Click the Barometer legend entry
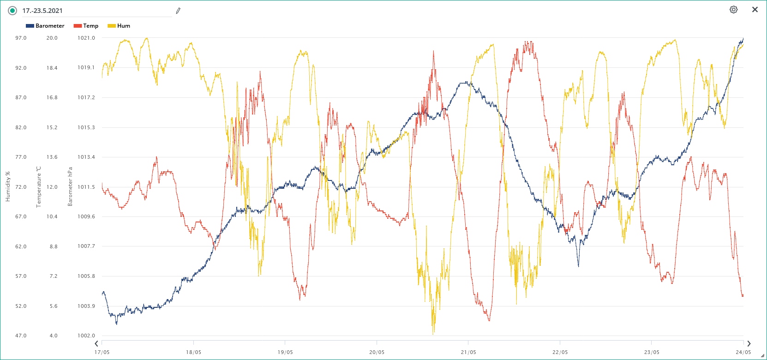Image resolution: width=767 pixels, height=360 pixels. [45, 26]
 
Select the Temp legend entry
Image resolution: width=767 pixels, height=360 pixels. [86, 26]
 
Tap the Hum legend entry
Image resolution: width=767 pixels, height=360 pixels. [119, 26]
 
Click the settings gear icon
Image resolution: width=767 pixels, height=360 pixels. [733, 10]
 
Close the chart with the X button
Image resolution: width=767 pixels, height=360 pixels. [755, 10]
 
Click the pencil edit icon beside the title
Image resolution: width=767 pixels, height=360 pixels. [178, 11]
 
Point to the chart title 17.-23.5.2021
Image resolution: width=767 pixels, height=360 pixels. [42, 11]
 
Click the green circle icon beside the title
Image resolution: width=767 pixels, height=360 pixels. [12, 11]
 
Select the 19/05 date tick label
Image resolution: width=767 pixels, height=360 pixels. [285, 352]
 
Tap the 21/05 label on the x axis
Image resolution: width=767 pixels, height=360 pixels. [468, 352]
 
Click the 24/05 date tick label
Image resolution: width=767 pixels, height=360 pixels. [743, 352]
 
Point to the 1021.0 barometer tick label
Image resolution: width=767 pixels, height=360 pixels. [86, 38]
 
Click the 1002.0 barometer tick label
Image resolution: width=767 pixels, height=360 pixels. [86, 336]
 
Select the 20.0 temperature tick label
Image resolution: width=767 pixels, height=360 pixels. [52, 38]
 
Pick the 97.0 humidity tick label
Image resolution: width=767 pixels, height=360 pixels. [21, 38]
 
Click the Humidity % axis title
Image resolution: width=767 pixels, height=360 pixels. [7, 186]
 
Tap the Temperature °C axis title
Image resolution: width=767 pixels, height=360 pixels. [39, 186]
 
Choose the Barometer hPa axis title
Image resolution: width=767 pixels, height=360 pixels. [70, 186]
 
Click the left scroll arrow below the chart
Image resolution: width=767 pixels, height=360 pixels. [96, 343]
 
